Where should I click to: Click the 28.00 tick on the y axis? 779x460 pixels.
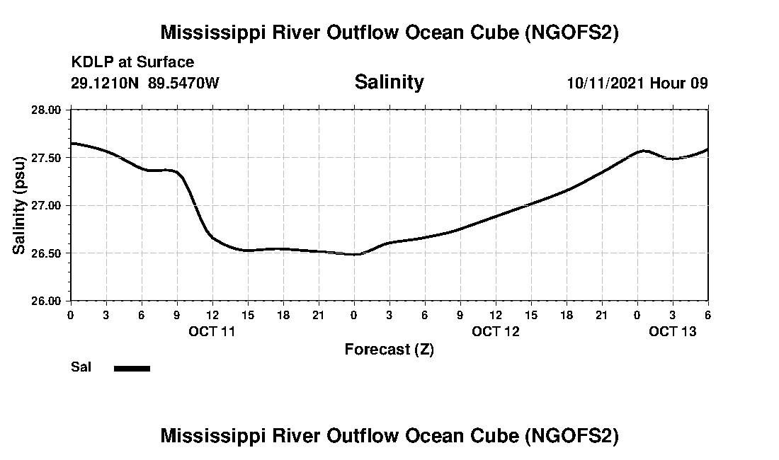click(x=49, y=110)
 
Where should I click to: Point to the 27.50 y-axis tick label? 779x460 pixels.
click(x=49, y=158)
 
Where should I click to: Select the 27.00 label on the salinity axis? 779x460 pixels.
click(x=49, y=205)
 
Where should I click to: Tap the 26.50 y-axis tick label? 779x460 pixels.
click(x=49, y=253)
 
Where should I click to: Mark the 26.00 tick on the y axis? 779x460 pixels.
click(x=49, y=301)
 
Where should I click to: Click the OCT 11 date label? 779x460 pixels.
click(x=212, y=330)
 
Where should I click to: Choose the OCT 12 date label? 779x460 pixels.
click(x=496, y=330)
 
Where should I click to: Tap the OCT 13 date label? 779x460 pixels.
click(x=673, y=330)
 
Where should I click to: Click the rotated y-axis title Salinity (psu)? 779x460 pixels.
click(x=20, y=205)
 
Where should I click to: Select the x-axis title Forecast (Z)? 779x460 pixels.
click(x=389, y=349)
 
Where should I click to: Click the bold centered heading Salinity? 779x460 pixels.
click(x=389, y=82)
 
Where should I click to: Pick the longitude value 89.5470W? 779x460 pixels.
click(x=183, y=83)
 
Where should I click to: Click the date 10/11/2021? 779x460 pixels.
click(x=606, y=83)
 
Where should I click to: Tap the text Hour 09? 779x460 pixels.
click(x=679, y=83)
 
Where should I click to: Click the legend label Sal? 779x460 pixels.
click(x=81, y=367)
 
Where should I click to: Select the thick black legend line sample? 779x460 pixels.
click(x=132, y=368)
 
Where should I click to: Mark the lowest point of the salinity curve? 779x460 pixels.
click(x=354, y=255)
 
